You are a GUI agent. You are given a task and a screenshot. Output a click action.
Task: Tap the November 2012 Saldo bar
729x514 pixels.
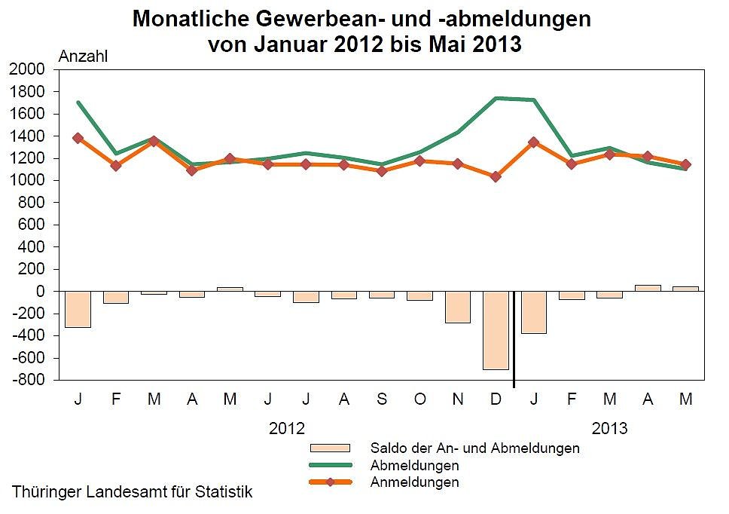point(457,307)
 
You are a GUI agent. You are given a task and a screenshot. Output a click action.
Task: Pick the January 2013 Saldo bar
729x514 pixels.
point(534,312)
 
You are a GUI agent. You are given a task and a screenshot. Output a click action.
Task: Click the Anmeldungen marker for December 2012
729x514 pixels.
point(496,176)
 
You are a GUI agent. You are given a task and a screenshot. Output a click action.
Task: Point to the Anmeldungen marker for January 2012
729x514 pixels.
point(78,138)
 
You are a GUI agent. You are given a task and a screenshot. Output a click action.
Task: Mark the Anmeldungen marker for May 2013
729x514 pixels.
point(685,164)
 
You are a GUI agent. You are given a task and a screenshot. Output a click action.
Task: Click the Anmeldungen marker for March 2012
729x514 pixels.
point(154,140)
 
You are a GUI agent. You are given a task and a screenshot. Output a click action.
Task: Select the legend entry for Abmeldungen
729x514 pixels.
point(414,465)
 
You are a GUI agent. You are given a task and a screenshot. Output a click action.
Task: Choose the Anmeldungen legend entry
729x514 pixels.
point(414,482)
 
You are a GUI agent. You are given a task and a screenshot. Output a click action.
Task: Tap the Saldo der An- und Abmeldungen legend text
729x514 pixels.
point(474,448)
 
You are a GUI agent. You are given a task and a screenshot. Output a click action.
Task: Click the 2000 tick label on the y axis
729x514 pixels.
point(27,69)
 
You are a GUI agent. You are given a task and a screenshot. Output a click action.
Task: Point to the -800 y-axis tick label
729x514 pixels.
point(27,380)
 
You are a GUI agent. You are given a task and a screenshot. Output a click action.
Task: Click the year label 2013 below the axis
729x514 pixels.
point(609,429)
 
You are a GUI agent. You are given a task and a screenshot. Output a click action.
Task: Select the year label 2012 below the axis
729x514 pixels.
point(287,429)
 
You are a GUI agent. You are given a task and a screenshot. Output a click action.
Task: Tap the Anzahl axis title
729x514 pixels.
point(84,55)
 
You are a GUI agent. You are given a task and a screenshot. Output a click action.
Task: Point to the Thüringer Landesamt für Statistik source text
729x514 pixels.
point(133,492)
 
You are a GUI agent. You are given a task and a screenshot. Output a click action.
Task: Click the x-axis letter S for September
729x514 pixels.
point(382,399)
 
